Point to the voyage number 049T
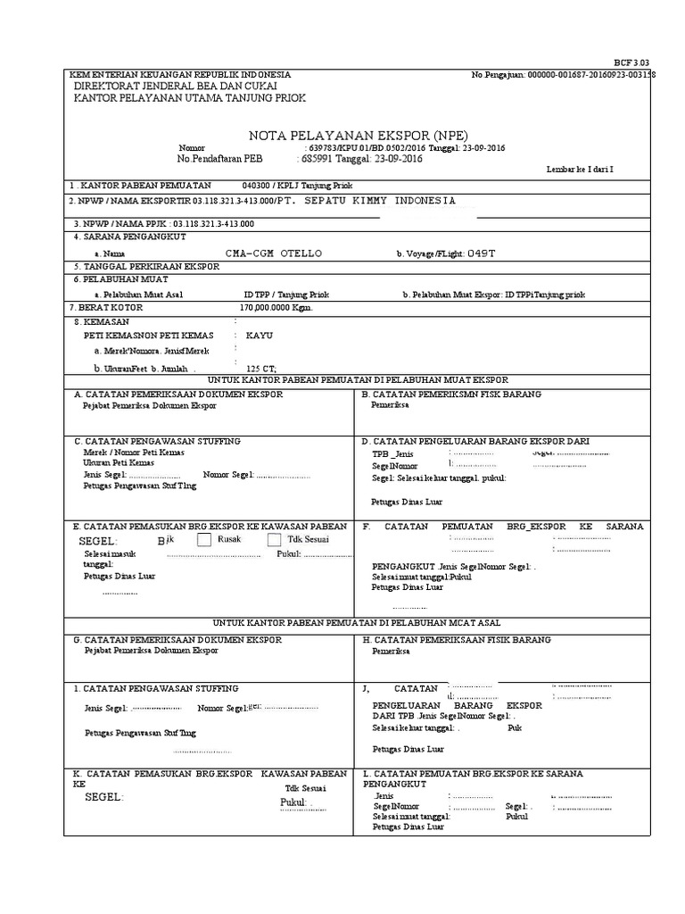[481, 253]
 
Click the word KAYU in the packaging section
[259, 335]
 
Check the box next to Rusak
[204, 540]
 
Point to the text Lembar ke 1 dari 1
[580, 169]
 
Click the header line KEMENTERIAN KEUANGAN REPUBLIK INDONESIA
[180, 75]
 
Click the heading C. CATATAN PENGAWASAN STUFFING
[156, 441]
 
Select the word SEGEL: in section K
[104, 797]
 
